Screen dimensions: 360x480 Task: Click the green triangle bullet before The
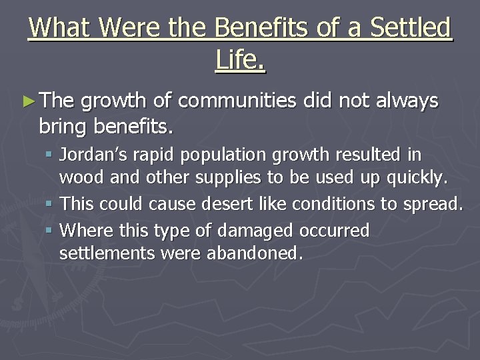point(27,101)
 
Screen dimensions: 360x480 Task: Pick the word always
point(405,101)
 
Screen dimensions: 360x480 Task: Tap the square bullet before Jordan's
point(49,156)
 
